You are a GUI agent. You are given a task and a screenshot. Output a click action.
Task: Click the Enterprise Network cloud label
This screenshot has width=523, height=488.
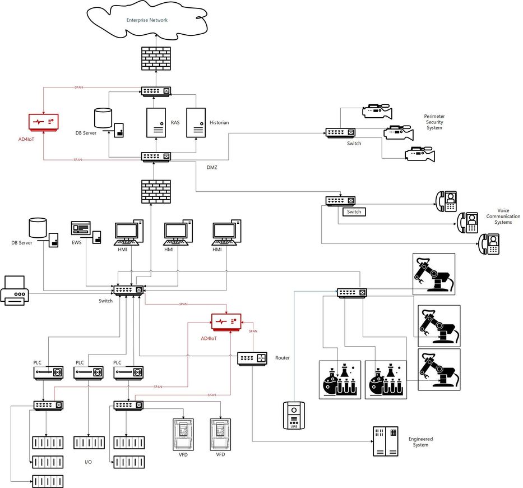(x=147, y=20)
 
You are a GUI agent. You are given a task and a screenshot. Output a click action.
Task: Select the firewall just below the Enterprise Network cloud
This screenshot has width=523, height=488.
(x=156, y=58)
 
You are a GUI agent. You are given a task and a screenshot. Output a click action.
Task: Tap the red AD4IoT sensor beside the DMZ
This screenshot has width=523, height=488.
(x=43, y=122)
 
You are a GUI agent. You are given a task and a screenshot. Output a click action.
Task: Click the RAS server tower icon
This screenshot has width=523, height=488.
(x=156, y=123)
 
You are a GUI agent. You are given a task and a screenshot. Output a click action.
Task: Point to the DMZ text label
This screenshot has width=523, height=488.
(x=211, y=167)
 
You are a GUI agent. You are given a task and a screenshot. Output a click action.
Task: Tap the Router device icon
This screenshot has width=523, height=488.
(x=252, y=358)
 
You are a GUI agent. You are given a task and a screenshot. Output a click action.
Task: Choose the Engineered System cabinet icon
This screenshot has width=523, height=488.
(x=386, y=441)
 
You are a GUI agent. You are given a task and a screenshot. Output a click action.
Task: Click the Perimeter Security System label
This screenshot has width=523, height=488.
(x=434, y=122)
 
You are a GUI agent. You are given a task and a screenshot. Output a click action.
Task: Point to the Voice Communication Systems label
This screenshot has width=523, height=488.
(x=503, y=216)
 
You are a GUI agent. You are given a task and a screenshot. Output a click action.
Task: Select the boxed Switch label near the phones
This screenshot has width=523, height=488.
(x=354, y=212)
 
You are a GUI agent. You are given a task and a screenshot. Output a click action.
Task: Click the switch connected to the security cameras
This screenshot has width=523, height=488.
(x=340, y=133)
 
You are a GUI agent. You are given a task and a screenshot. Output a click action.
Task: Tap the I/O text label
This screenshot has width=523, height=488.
(x=88, y=462)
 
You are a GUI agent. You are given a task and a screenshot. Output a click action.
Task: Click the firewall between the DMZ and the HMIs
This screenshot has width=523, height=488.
(x=156, y=191)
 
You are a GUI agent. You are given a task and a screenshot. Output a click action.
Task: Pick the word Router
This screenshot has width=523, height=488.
(x=283, y=358)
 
